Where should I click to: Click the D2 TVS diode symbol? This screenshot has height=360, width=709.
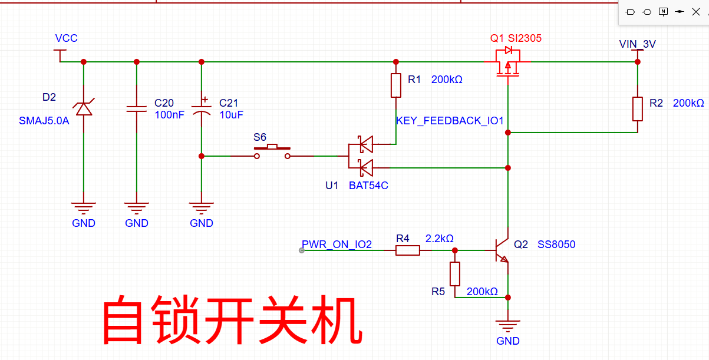tap(83, 108)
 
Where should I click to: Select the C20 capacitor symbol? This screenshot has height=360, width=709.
tap(137, 108)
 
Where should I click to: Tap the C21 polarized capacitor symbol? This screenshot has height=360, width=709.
tap(202, 109)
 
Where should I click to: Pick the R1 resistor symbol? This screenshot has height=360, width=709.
tap(396, 85)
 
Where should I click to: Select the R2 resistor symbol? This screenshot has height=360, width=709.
tap(637, 109)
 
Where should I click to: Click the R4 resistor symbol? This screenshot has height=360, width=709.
tap(407, 250)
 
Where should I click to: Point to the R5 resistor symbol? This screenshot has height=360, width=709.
tap(455, 274)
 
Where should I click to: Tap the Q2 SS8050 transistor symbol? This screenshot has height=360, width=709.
tap(502, 250)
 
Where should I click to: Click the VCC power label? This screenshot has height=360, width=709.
tap(66, 38)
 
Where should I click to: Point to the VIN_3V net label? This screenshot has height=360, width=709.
tap(637, 44)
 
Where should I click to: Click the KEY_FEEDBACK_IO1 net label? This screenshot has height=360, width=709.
tap(450, 121)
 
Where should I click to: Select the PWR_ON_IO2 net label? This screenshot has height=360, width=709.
tap(337, 245)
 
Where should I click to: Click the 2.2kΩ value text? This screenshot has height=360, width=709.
tap(440, 239)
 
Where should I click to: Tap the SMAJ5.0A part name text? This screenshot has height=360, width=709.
tap(44, 121)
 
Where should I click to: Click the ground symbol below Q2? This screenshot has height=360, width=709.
tap(508, 324)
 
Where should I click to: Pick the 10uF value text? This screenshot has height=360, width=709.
tap(231, 115)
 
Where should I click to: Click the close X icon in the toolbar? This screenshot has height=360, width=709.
tap(695, 12)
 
